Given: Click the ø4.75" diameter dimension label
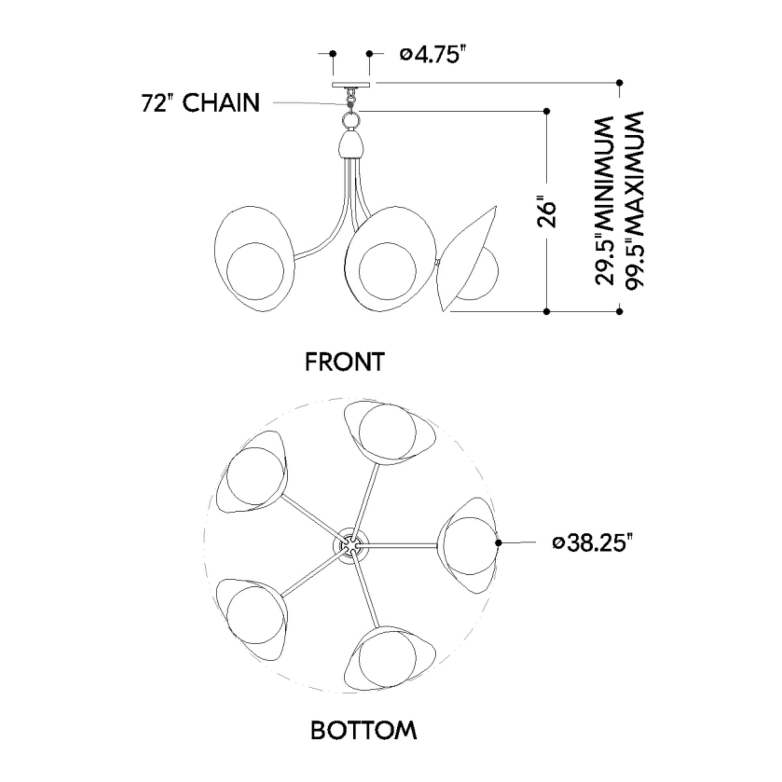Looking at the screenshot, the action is pos(431,55).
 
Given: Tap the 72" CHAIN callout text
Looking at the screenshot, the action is pos(201,103).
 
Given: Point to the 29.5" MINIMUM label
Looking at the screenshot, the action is pos(604,201).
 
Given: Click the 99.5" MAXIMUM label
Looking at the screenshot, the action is pos(633,201).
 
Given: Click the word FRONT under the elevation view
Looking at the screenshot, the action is pos(344,362).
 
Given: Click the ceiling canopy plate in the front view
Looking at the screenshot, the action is pos(351,85).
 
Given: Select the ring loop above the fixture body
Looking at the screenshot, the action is pos(351,120).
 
